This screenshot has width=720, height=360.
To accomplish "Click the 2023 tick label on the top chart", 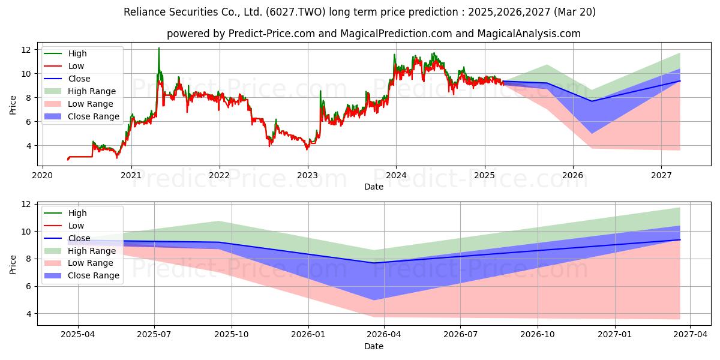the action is pyautogui.click(x=308, y=175).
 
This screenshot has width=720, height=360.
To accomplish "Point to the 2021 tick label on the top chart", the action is pyautogui.click(x=131, y=175).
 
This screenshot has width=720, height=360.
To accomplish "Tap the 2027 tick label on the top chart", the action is pyautogui.click(x=661, y=175).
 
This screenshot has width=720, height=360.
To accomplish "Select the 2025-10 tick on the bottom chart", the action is pyautogui.click(x=232, y=335).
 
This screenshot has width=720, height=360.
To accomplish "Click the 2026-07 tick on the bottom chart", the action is pyautogui.click(x=460, y=335).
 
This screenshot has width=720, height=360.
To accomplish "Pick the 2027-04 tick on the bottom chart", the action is pyautogui.click(x=691, y=335).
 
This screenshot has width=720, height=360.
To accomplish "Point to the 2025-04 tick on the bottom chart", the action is pyautogui.click(x=78, y=335).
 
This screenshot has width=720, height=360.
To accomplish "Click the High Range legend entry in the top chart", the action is pyautogui.click(x=80, y=91).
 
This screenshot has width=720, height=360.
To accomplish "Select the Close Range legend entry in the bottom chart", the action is pyautogui.click(x=82, y=275).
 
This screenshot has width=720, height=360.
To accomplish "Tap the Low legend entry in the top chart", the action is pyautogui.click(x=64, y=66).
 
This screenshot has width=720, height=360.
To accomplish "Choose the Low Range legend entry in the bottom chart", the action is pyautogui.click(x=79, y=263).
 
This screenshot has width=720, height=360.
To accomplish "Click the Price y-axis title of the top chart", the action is pyautogui.click(x=13, y=105).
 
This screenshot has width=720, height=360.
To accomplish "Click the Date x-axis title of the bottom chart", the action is pyautogui.click(x=373, y=346).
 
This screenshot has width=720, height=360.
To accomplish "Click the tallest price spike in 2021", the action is pyautogui.click(x=159, y=48).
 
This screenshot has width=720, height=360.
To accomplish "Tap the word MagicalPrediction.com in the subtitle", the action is pyautogui.click(x=396, y=34).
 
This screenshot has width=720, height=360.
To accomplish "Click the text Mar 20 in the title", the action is pyautogui.click(x=574, y=12).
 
